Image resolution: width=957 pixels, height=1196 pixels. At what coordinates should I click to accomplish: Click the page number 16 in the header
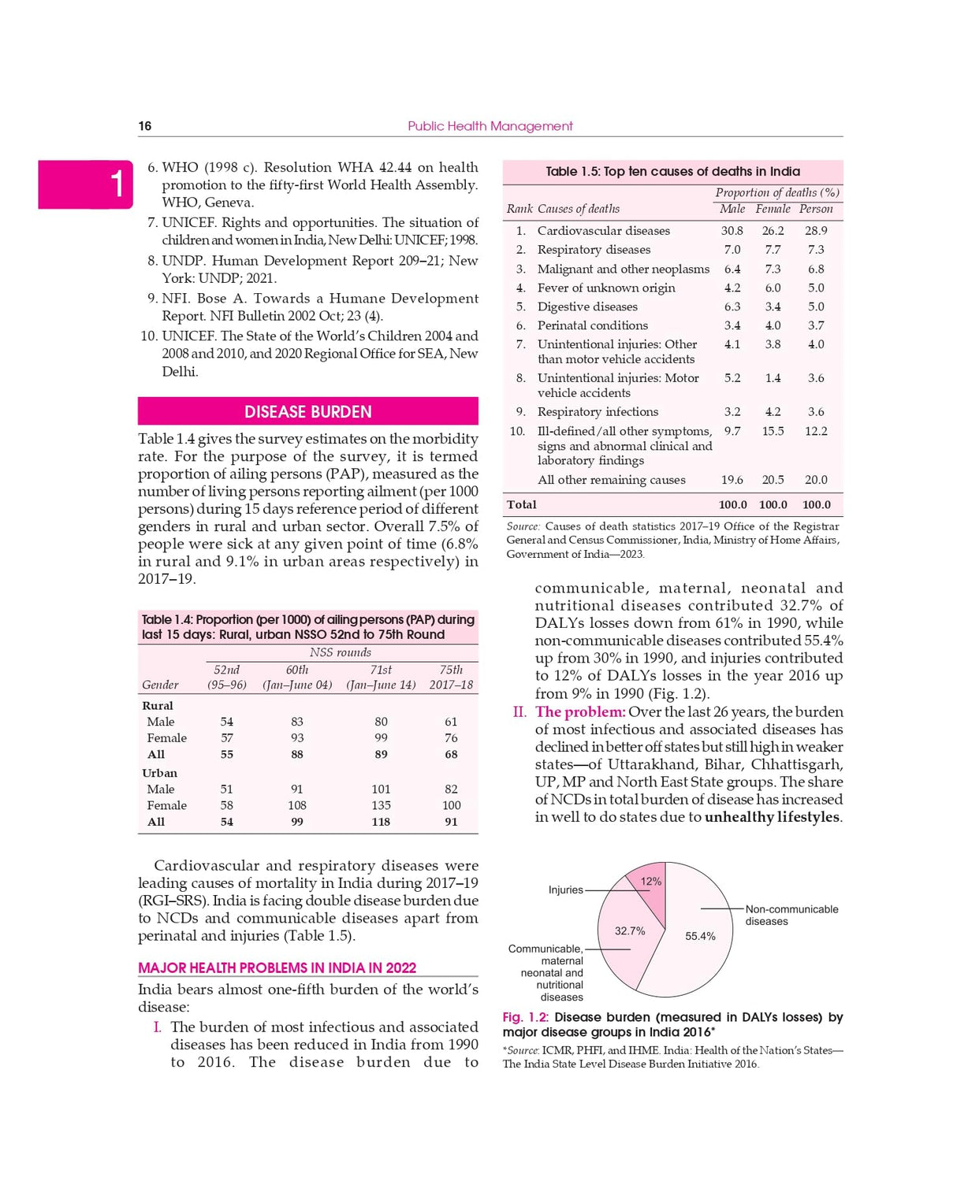145,126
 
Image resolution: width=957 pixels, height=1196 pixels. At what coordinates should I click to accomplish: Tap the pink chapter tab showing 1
85,184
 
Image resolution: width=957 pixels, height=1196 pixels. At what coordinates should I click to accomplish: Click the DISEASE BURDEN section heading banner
307,411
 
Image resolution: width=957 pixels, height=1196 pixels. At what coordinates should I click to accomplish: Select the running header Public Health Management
490,126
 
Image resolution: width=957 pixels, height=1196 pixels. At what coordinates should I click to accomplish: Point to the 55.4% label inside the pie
700,936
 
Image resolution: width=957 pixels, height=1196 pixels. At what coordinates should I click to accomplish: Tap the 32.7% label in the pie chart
630,930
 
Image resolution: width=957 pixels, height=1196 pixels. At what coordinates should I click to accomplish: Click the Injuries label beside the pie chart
565,890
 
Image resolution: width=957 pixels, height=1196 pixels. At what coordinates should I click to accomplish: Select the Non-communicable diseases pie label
791,915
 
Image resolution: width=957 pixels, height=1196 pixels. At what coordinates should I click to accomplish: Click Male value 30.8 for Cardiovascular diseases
732,231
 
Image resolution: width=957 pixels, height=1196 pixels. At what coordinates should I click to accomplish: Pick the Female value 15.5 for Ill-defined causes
773,431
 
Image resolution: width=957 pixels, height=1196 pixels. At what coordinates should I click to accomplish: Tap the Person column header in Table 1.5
816,209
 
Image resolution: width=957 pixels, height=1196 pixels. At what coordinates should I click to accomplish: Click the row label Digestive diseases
587,306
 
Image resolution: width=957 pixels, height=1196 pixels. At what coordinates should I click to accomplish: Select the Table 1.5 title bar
672,172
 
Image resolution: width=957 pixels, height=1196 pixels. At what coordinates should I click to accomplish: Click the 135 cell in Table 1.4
381,805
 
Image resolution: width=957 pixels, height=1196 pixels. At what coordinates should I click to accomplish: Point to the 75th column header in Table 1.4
451,670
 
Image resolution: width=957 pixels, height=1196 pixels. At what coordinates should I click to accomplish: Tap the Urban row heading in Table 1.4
160,773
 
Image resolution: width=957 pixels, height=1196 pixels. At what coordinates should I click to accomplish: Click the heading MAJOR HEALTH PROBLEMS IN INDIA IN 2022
277,968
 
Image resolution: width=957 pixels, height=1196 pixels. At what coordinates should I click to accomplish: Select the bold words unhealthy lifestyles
772,817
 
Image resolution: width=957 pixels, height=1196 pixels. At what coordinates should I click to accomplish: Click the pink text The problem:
580,712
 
